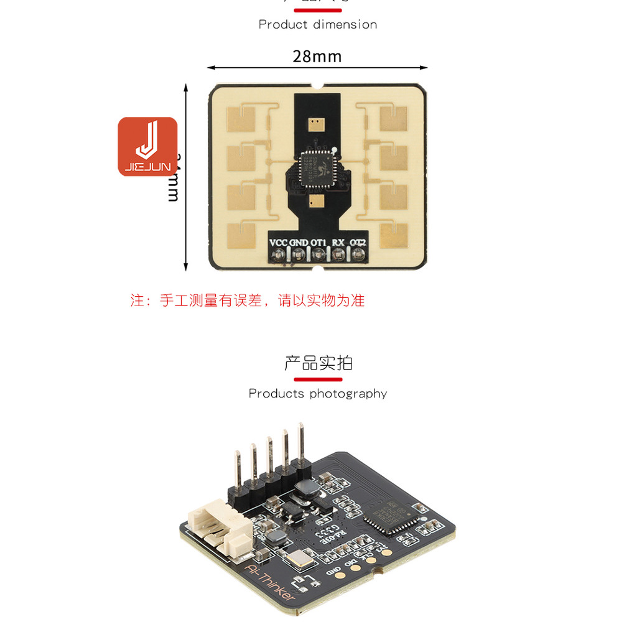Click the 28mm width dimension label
[x=317, y=57]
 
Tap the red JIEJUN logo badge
[x=147, y=147]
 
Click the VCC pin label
[x=279, y=243]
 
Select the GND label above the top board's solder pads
[x=299, y=243]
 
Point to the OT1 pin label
[x=318, y=243]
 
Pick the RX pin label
[x=338, y=243]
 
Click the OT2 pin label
[x=358, y=243]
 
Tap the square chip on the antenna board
[x=316, y=168]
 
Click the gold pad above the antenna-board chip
[x=316, y=124]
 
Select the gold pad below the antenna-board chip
[x=317, y=201]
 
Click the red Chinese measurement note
[x=248, y=300]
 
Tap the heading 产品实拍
[x=318, y=363]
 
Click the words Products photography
[x=318, y=393]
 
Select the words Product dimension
[x=318, y=25]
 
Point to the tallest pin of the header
[x=301, y=443]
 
